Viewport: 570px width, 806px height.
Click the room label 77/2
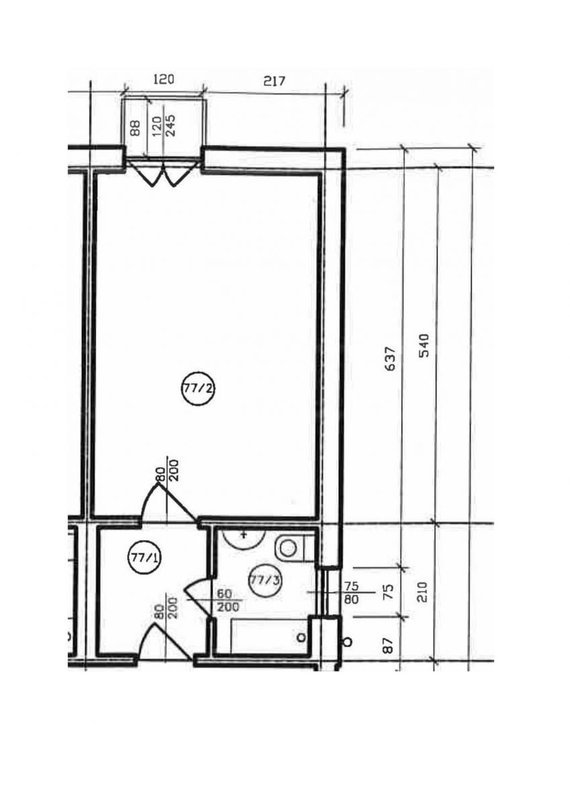[197, 389]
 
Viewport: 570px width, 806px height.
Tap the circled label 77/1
[144, 558]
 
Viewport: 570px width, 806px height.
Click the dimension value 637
[390, 359]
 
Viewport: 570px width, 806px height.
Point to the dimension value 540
[425, 345]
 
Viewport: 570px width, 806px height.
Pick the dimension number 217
[274, 81]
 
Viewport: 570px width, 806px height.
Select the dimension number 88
[135, 128]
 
